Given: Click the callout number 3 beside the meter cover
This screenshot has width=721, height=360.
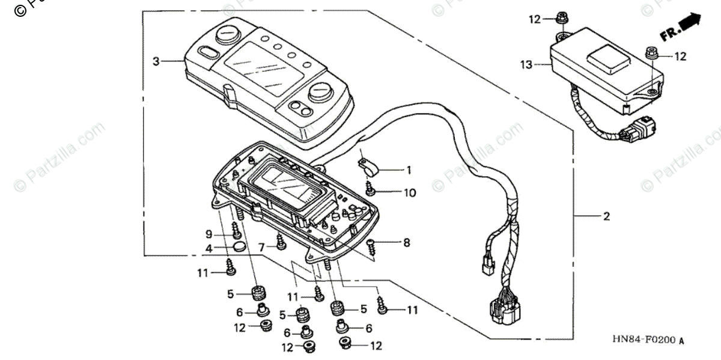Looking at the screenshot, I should coord(156,61).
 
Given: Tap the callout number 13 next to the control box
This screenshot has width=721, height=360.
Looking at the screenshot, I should coord(526,64).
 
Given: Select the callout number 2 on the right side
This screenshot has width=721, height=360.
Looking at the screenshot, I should coord(606,216).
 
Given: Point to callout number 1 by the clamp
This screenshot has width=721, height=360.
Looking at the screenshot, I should coord(409,171).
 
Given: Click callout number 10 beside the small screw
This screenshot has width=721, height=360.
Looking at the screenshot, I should coord(410,193).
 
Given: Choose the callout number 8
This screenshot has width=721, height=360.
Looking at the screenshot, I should coord(406,243).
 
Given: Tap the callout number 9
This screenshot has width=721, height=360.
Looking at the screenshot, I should coord(209,233).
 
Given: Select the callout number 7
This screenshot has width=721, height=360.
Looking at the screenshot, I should coord(261,247).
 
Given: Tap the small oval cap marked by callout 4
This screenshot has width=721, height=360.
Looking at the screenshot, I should coord(239,247).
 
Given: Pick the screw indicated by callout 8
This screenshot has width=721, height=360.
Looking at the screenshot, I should coord(372,243).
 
